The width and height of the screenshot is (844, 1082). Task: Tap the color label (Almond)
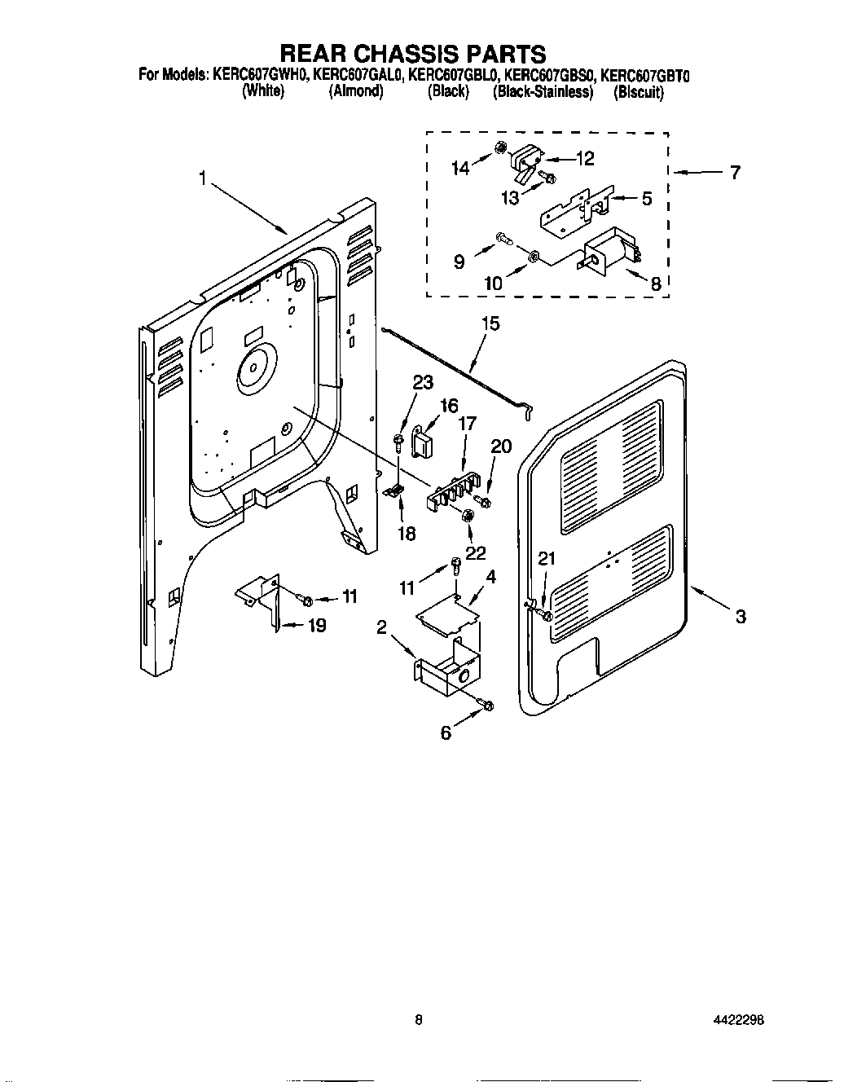coord(356,92)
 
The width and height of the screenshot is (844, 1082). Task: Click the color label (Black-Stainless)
coord(542,92)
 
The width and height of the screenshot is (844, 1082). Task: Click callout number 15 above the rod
coord(490,324)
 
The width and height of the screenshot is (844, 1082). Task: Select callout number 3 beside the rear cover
coord(740,617)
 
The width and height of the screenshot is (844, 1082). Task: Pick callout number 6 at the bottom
coord(446,732)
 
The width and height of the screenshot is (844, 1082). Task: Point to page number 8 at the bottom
coord(418,1019)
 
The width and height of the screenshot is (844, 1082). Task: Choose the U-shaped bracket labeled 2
coord(446,674)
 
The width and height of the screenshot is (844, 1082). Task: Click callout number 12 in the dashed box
coord(585,159)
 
